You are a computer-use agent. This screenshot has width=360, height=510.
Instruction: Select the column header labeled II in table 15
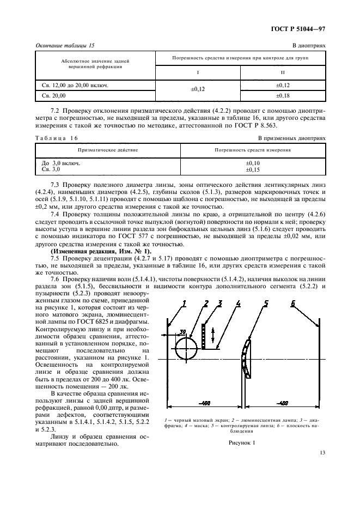(x=282, y=72)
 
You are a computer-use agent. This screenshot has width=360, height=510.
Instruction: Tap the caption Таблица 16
(x=57, y=138)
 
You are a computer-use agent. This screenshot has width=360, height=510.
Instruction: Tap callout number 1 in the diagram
(x=184, y=303)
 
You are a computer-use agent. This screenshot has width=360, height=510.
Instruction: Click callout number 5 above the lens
(x=266, y=303)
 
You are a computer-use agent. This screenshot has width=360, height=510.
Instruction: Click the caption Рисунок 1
(x=242, y=443)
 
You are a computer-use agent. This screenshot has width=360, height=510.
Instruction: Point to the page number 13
(x=322, y=452)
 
